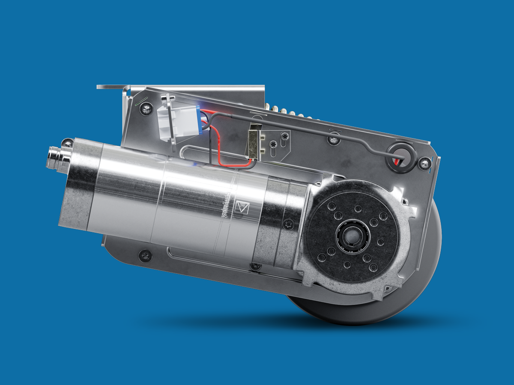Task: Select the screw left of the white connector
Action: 147,108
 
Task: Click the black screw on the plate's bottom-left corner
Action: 145,255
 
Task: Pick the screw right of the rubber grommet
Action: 425,162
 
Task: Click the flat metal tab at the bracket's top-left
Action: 109,87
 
